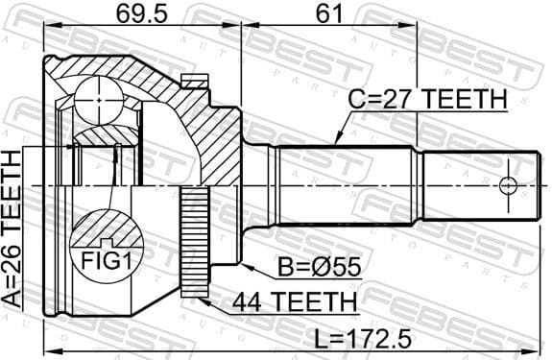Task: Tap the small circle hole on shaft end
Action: (x=508, y=184)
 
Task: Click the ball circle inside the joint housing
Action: (x=101, y=101)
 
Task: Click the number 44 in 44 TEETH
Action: (x=248, y=305)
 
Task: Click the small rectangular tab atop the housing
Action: (x=196, y=84)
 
